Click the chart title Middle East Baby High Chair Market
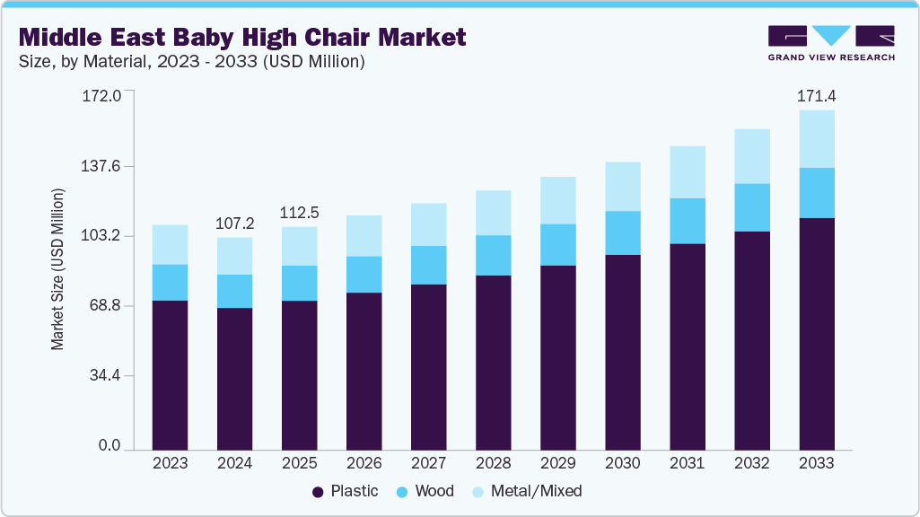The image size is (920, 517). coord(242,38)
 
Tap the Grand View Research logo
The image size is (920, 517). coord(830,42)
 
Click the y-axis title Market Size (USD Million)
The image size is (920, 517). coord(57,269)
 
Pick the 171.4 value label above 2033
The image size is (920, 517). coord(816,95)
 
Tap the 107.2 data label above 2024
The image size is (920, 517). coord(234,222)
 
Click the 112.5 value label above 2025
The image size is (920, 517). coord(299,212)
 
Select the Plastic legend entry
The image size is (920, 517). coord(345,491)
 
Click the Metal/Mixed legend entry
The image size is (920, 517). coord(526,491)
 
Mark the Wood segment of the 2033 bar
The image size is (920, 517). coord(816,193)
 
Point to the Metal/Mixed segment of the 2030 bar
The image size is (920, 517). coord(622,187)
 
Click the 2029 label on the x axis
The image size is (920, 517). coord(557,463)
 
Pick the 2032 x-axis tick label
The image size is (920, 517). coord(751,463)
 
